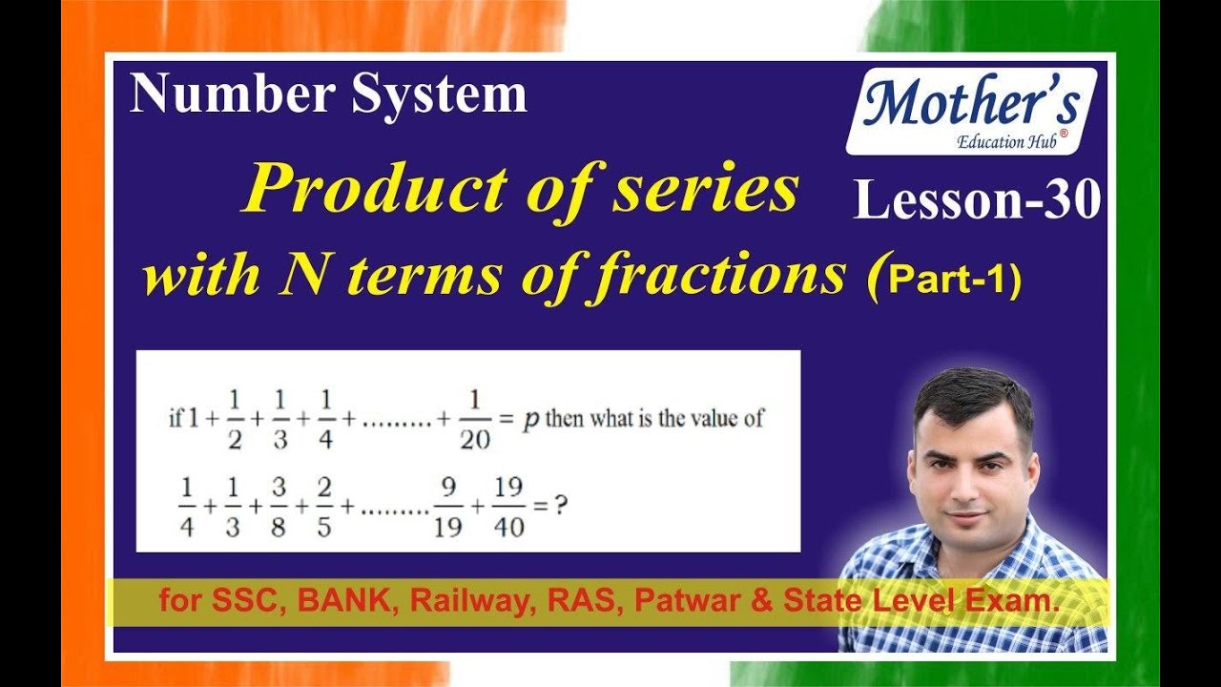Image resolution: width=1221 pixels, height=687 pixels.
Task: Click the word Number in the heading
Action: click(x=232, y=95)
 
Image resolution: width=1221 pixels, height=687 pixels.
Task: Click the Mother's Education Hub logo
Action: click(x=971, y=112)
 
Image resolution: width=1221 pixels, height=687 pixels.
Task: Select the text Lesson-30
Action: click(x=977, y=201)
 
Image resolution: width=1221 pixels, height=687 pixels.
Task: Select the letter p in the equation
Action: click(x=530, y=420)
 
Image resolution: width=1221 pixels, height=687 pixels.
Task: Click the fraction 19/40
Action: click(x=509, y=507)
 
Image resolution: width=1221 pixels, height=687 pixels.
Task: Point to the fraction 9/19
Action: click(x=447, y=507)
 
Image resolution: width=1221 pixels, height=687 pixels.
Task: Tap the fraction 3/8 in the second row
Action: click(x=278, y=507)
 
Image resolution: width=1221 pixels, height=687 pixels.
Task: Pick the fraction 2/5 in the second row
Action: click(x=324, y=507)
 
